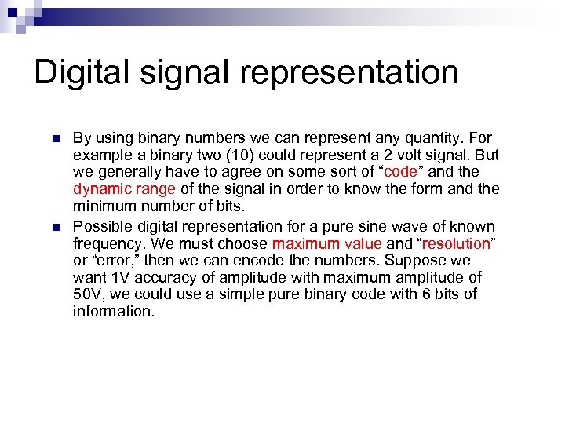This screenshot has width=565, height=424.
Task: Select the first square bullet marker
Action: tap(56, 139)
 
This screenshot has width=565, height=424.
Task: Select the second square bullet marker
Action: tap(56, 226)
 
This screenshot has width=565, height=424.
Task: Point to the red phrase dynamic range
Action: tap(124, 189)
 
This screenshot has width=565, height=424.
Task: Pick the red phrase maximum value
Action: tap(326, 243)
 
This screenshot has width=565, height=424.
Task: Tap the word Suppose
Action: tap(431, 261)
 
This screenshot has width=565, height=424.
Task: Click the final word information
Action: tap(114, 312)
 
